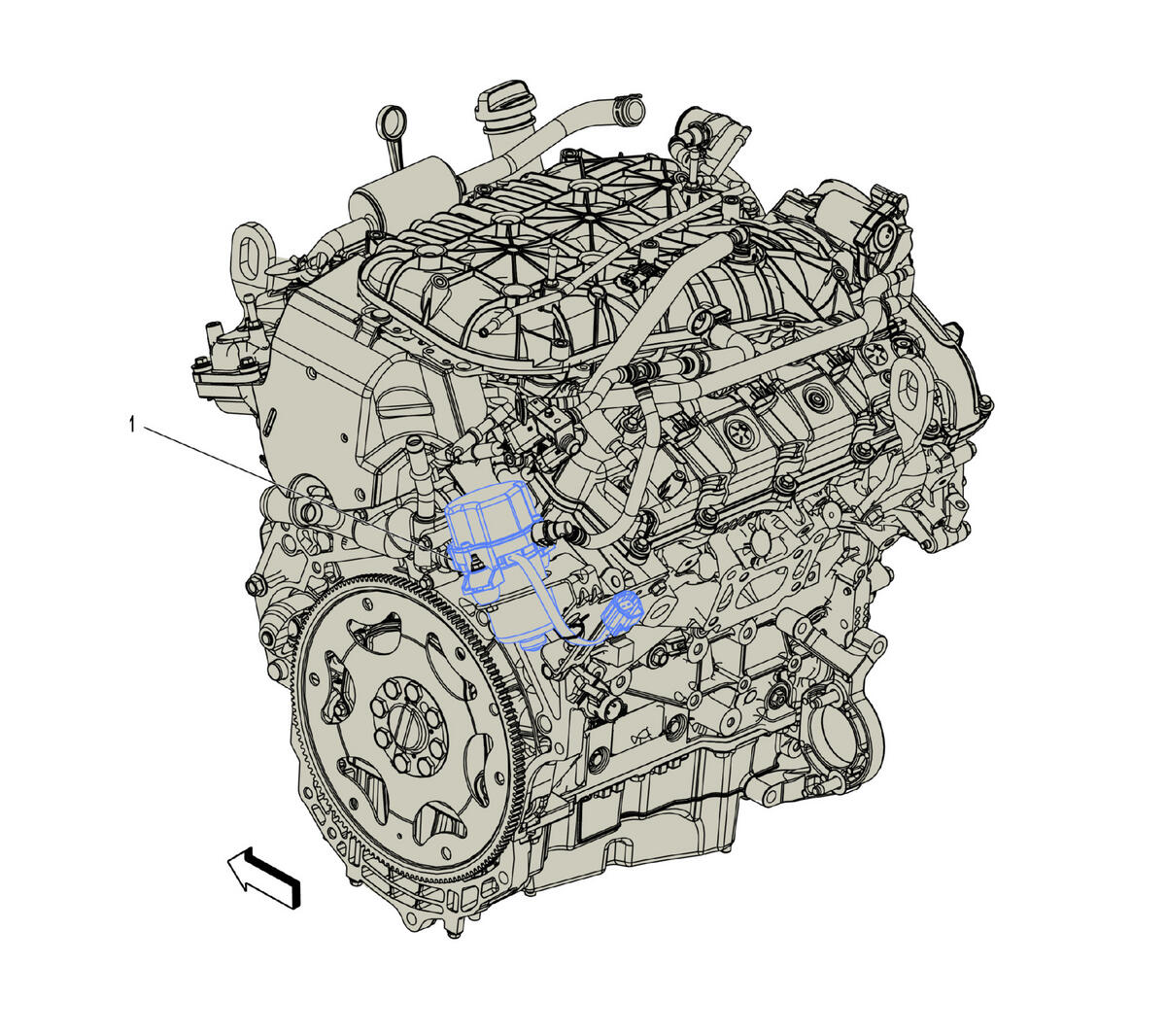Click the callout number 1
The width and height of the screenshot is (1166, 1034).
coord(132,426)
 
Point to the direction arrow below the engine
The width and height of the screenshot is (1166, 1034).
coord(264,878)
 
